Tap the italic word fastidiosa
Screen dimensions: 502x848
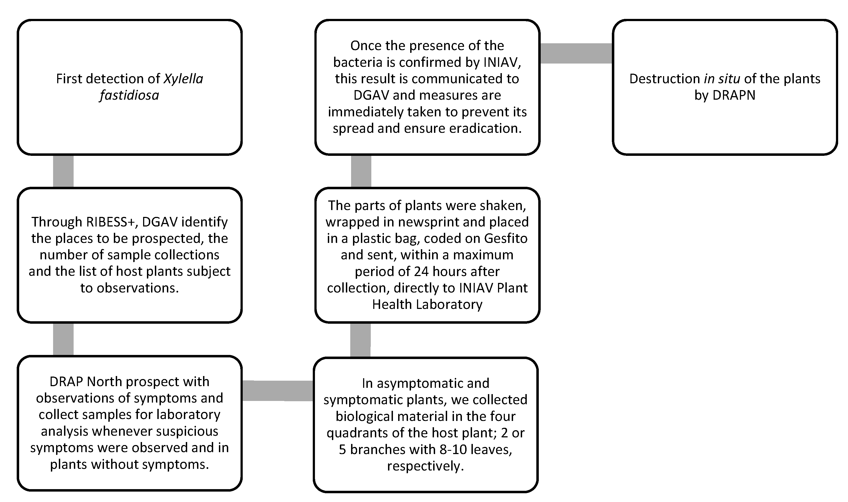(x=129, y=95)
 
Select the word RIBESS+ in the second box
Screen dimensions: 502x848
(x=112, y=222)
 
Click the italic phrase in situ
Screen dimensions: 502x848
(x=722, y=79)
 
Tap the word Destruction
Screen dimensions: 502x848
(x=664, y=79)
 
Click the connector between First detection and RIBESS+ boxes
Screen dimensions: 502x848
(x=63, y=171)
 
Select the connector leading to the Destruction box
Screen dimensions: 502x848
(x=576, y=53)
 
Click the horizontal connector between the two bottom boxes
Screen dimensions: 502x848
(x=278, y=391)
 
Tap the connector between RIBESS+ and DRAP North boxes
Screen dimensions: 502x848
(x=63, y=339)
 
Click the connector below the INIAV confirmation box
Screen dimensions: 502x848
(x=361, y=171)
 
